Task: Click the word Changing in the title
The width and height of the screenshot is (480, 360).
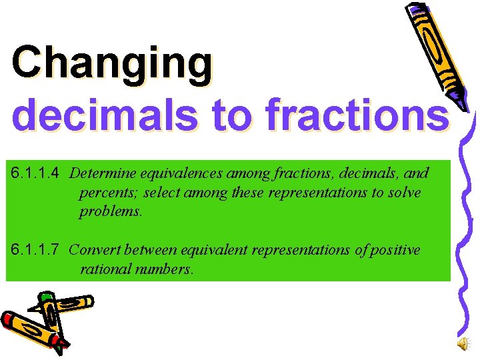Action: [x=112, y=64]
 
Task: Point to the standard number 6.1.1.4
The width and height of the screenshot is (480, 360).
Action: [x=36, y=174]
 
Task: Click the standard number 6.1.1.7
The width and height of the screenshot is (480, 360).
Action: [x=36, y=250]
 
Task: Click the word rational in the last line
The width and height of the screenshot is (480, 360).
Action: [x=102, y=269]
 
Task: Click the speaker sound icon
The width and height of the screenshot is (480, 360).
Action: [x=463, y=343]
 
